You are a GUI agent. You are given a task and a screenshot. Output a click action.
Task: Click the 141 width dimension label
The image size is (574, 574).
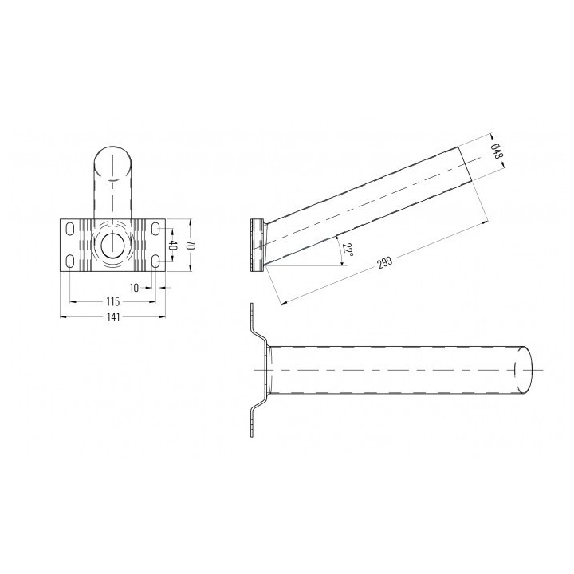pos(113,317)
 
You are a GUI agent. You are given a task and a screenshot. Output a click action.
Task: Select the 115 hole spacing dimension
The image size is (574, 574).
pos(112,301)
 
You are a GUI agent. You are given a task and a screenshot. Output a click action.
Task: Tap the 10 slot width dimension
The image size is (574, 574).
pos(135,288)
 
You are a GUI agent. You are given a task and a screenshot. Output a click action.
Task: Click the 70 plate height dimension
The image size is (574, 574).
pos(191,246)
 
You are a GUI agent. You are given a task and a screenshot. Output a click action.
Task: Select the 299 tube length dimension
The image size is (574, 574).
pos(385,262)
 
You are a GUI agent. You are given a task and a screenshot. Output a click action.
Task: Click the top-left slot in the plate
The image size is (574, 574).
pos(69,229)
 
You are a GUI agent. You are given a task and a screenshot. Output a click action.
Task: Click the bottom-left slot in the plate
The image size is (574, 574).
pos(69,261)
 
